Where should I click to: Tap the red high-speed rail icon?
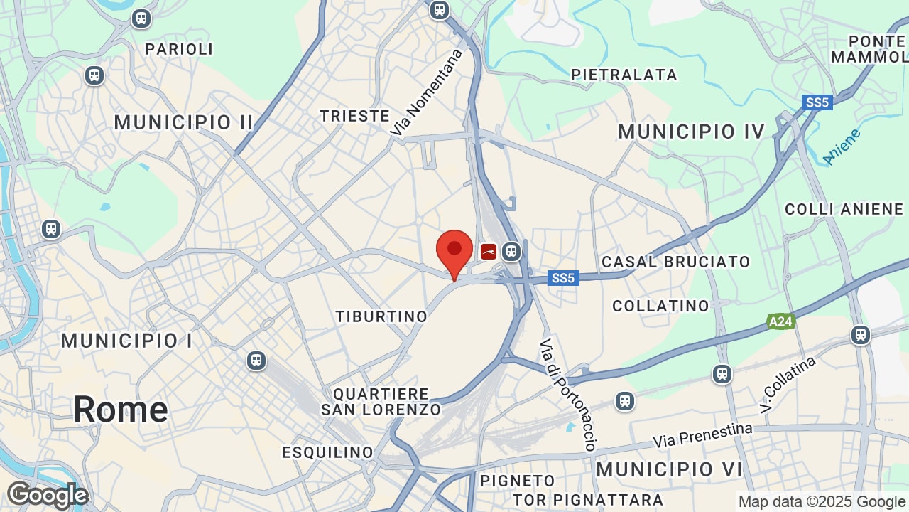[489, 251]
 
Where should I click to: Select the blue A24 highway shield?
[780, 322]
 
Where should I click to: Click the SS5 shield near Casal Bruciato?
[562, 278]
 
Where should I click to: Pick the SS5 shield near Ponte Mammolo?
[817, 102]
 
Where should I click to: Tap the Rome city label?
[121, 410]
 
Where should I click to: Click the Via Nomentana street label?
[427, 92]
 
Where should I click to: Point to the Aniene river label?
[842, 146]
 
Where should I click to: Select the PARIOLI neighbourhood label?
[179, 49]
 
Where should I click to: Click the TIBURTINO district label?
[382, 316]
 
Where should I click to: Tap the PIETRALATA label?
[624, 75]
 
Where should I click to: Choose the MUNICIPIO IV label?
[692, 132]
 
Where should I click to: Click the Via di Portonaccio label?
[567, 395]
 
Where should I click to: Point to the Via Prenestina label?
[702, 435]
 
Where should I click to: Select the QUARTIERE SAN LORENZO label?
[381, 402]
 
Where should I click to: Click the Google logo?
[48, 495]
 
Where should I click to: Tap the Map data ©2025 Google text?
[821, 502]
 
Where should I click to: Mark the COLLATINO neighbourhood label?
[661, 306]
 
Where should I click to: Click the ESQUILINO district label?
[327, 452]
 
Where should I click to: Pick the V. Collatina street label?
[788, 385]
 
